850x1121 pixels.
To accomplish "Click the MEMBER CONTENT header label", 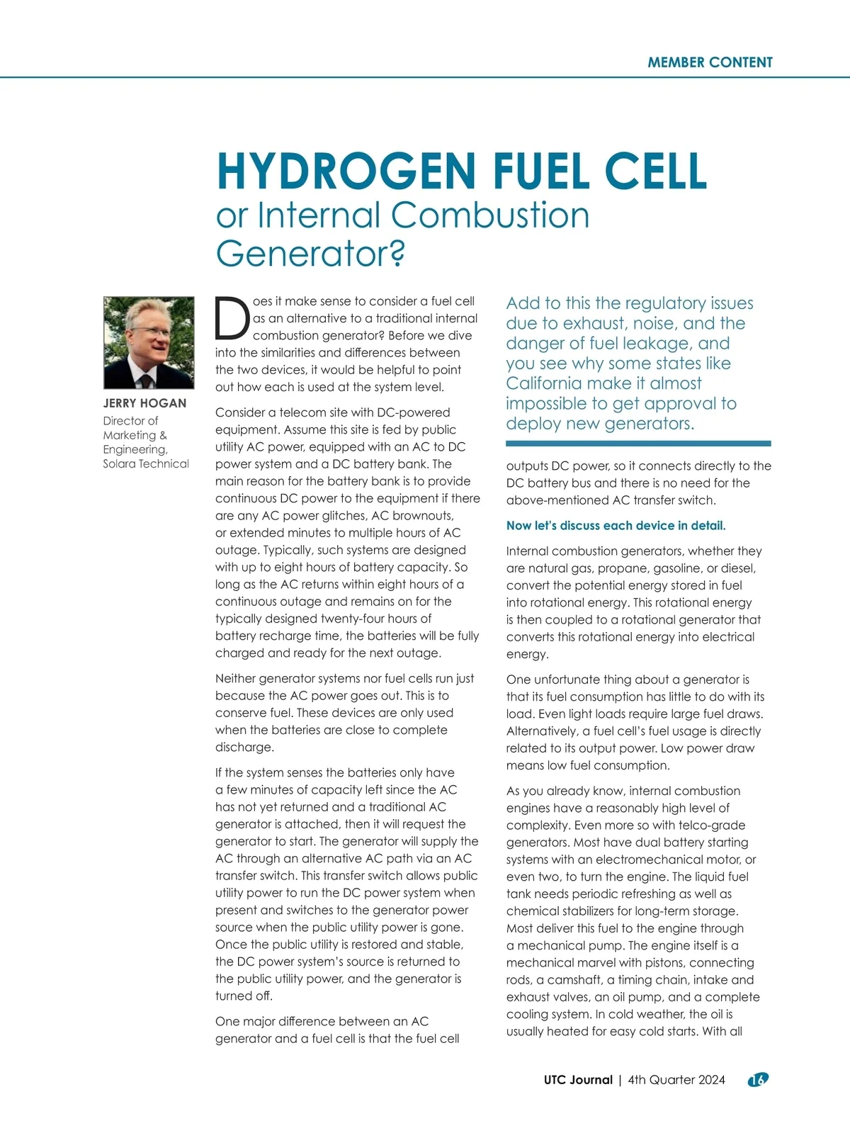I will tap(710, 62).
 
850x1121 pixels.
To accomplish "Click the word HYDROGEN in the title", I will tap(346, 171).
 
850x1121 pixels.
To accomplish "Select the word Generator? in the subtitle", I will tap(310, 254).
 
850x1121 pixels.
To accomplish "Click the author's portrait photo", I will tap(149, 342).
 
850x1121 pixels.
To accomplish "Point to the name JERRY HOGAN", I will tap(145, 403).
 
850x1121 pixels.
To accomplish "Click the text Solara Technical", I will tap(146, 464).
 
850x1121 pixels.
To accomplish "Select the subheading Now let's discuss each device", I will tap(616, 526).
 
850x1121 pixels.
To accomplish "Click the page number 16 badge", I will tap(758, 1080).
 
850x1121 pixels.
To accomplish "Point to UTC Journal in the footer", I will tap(578, 1080).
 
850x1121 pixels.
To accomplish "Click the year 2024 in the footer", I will tap(711, 1080).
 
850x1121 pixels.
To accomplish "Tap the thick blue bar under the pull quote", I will tap(638, 444).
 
